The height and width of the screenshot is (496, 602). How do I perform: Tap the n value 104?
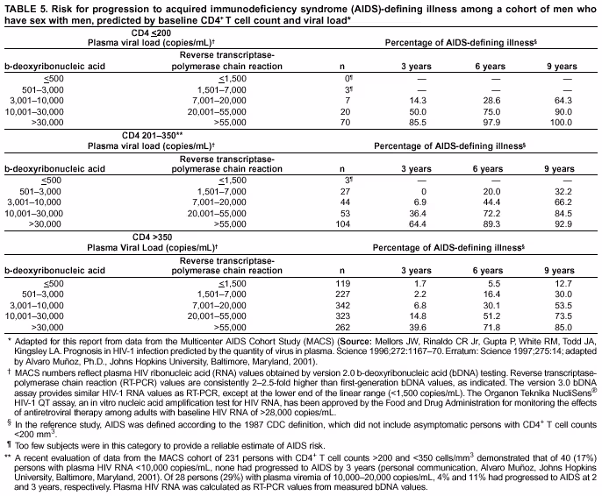(345, 226)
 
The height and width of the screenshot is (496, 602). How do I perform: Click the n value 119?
(345, 283)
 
